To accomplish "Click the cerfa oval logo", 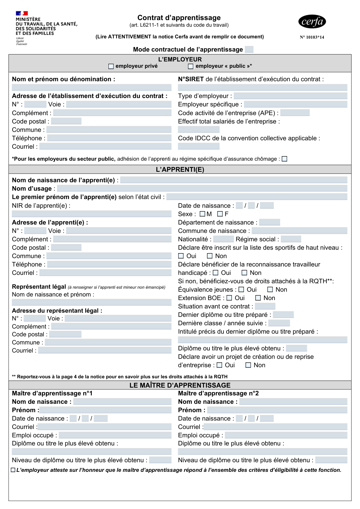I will click(x=312, y=21).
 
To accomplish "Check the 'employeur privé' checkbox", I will click(x=111, y=66).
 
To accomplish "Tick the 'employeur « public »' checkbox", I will click(x=191, y=66).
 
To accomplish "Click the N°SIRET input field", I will click(x=262, y=87).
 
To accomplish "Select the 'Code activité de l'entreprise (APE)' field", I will click(x=295, y=113).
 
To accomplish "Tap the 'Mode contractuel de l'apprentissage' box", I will click(x=249, y=49).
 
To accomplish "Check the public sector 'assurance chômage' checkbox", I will click(x=285, y=159).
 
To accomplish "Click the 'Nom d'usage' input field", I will click(x=202, y=188).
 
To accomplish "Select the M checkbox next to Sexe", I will click(x=202, y=214).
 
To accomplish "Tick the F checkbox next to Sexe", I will click(x=220, y=214).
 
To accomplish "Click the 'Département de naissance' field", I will click(x=269, y=222).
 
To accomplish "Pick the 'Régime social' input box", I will click(x=291, y=239).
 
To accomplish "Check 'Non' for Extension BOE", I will click(x=258, y=298).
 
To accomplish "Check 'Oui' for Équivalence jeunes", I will click(x=241, y=290).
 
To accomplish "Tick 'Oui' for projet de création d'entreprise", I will click(x=219, y=365).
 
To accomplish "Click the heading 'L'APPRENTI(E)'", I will click(x=180, y=170).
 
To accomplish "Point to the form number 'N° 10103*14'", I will click(x=312, y=37).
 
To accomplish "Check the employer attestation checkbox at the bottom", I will click(x=13, y=470).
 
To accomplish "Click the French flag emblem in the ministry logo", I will click(x=22, y=13).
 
